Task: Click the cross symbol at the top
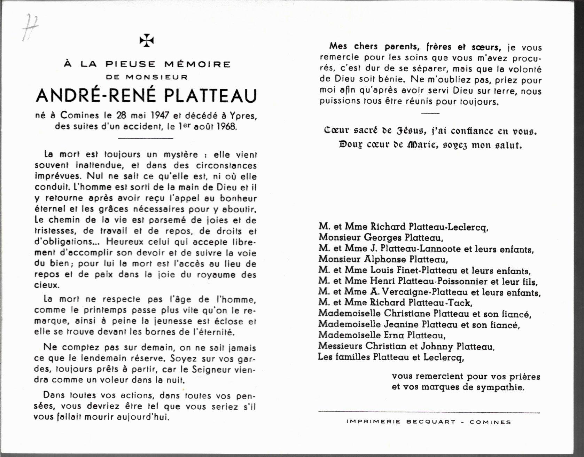pos(147,41)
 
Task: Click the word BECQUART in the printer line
pos(430,422)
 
